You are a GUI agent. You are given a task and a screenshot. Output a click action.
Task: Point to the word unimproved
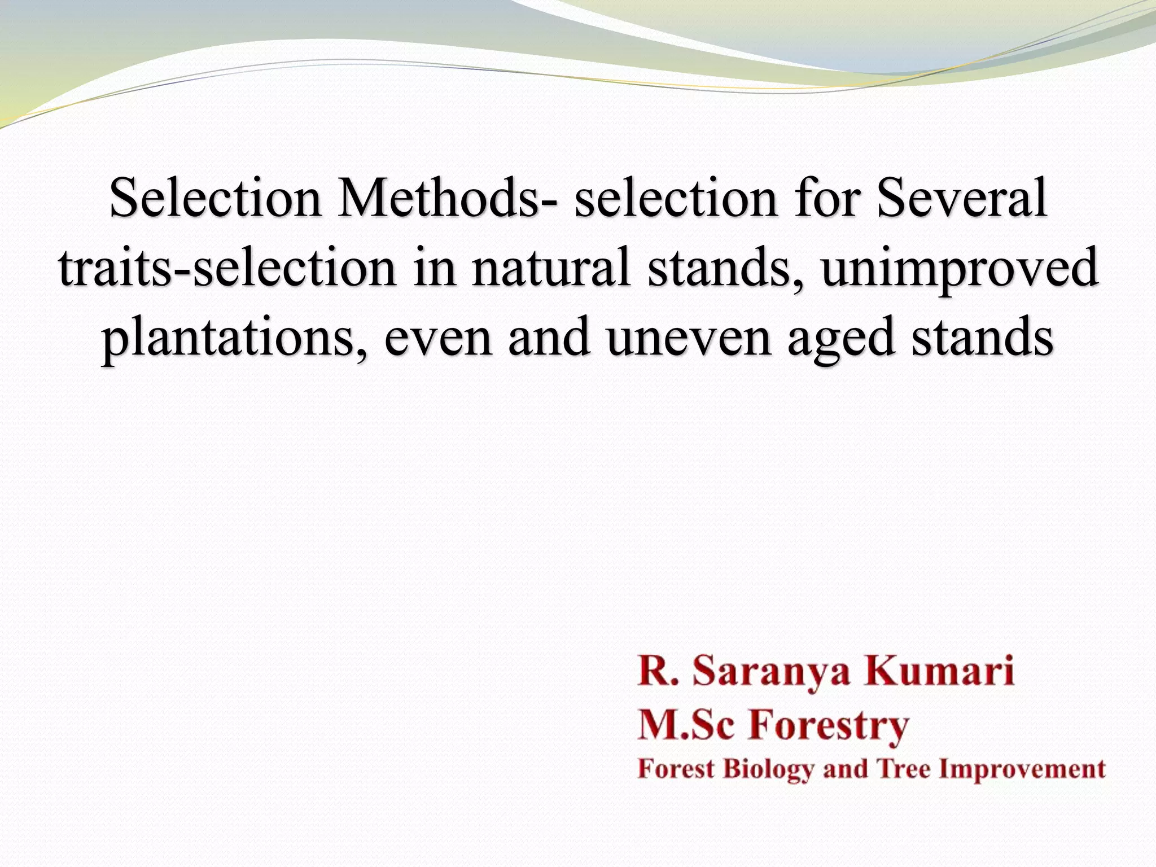[958, 270]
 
